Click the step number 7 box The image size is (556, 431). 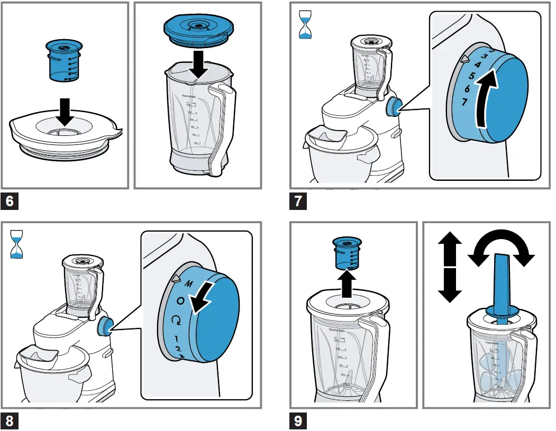299,202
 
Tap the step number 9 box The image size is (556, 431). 299,421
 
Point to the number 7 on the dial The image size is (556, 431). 464,102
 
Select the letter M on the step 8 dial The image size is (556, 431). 188,283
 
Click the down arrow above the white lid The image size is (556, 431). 64,110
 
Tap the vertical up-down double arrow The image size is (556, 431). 450,267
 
